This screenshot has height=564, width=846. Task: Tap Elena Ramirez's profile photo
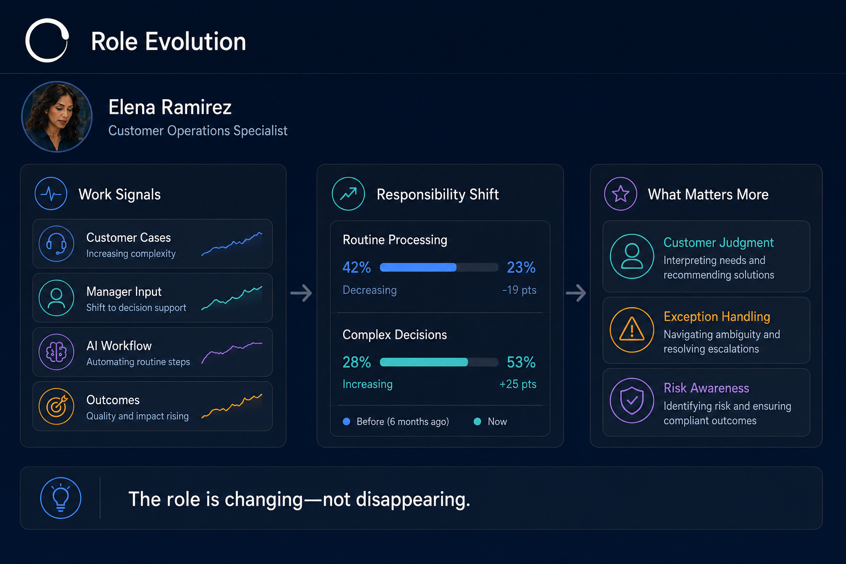(x=57, y=117)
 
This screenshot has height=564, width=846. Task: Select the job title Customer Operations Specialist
(x=198, y=131)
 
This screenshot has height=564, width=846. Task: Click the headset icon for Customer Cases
(x=56, y=243)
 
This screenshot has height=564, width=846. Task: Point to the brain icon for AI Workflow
(x=56, y=352)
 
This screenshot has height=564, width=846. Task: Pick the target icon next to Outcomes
(x=56, y=406)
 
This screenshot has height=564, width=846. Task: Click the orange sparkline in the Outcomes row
(x=231, y=406)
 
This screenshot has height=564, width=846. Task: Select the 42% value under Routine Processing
(x=356, y=268)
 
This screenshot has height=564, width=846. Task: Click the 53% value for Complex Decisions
(x=521, y=362)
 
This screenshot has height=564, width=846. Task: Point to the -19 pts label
(x=519, y=290)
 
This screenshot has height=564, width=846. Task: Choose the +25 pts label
(x=518, y=384)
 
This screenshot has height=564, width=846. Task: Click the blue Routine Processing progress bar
(x=418, y=268)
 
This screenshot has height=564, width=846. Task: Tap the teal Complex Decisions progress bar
(x=424, y=362)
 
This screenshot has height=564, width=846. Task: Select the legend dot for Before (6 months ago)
(x=346, y=421)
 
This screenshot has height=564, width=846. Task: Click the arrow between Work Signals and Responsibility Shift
(x=301, y=293)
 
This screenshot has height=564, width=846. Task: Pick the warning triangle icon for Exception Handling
(x=632, y=330)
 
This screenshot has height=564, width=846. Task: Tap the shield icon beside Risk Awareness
(x=632, y=400)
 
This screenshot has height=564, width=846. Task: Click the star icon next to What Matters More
(x=621, y=194)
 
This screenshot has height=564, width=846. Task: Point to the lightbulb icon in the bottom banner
(x=61, y=497)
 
